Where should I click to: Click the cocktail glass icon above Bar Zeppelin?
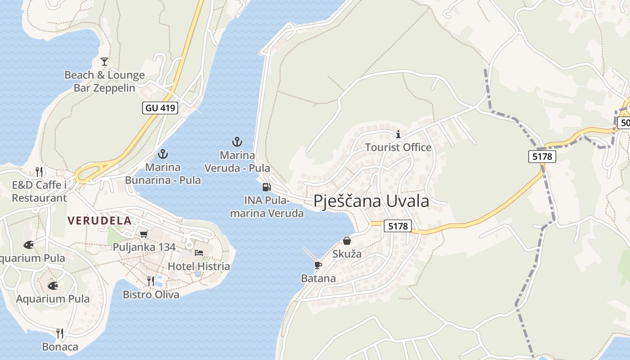(104, 61)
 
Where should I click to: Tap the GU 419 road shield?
(160, 108)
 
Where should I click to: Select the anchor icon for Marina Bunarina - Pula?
(163, 154)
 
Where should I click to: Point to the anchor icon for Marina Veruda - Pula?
(237, 142)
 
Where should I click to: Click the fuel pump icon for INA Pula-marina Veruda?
(266, 187)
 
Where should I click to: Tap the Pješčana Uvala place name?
(371, 201)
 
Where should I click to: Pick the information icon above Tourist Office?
(398, 134)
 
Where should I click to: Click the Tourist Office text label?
(398, 147)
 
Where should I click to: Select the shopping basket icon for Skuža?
(347, 241)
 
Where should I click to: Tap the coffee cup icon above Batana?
(318, 265)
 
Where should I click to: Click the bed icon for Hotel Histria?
(199, 253)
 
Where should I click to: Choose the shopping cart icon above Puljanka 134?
(144, 234)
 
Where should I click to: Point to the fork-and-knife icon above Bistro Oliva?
(151, 281)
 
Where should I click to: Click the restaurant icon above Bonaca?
(60, 333)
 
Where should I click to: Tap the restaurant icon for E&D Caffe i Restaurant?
(39, 171)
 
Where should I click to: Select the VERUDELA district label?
(99, 220)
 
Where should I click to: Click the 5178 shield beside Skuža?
(398, 226)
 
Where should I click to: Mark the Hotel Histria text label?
(199, 266)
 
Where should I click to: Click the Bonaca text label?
(60, 347)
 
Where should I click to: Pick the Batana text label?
(318, 279)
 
